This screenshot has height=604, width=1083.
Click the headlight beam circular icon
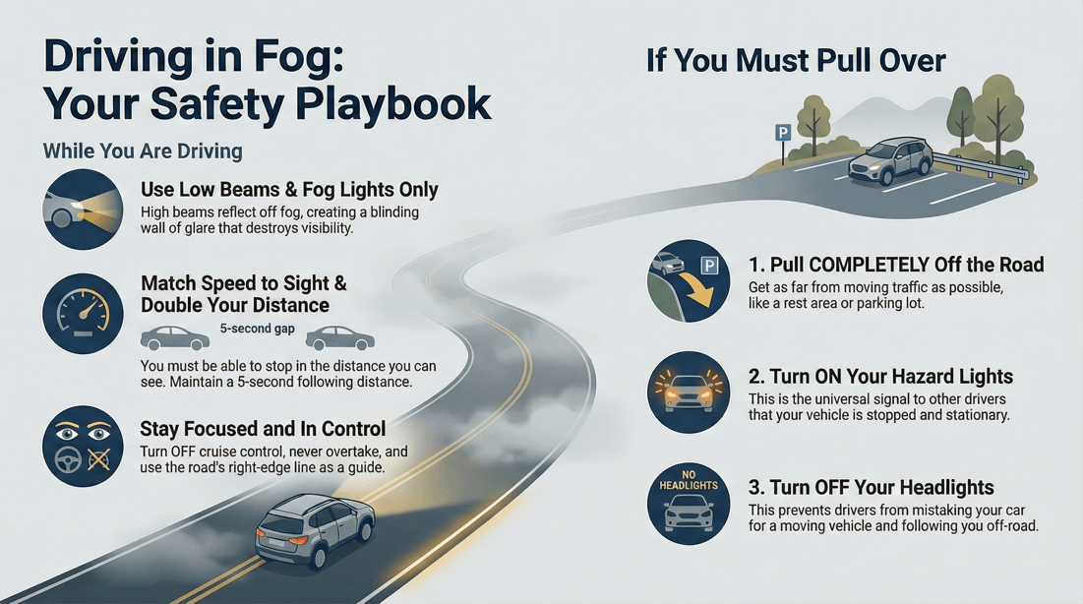pos(82,209)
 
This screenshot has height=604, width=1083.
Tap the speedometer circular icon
pos(82,314)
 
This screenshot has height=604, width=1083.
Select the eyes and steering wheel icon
pos(82,446)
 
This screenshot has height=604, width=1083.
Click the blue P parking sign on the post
pos(783,132)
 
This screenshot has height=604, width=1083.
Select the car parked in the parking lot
pos(890,160)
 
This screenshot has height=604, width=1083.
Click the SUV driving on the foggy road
pos(315,530)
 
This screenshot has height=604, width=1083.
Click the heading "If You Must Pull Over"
pos(795,61)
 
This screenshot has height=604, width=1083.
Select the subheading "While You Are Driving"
pos(143,151)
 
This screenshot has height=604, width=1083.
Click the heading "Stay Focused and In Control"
pos(263,429)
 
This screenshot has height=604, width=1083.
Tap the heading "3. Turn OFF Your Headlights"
pos(872,488)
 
